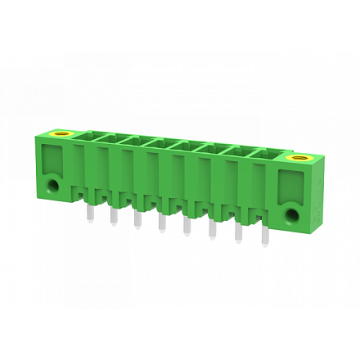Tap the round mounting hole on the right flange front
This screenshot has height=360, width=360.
tap(291, 215)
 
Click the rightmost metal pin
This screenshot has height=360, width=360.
tap(264, 242)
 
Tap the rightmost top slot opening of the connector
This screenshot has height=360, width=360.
tap(271, 154)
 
